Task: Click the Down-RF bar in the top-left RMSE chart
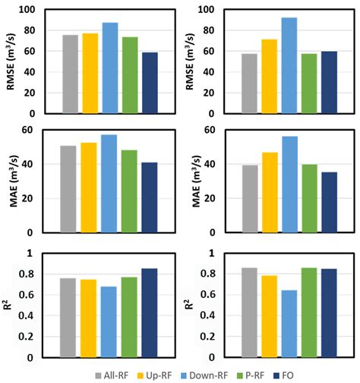click(110, 68)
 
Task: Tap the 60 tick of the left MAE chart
click(34, 129)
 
